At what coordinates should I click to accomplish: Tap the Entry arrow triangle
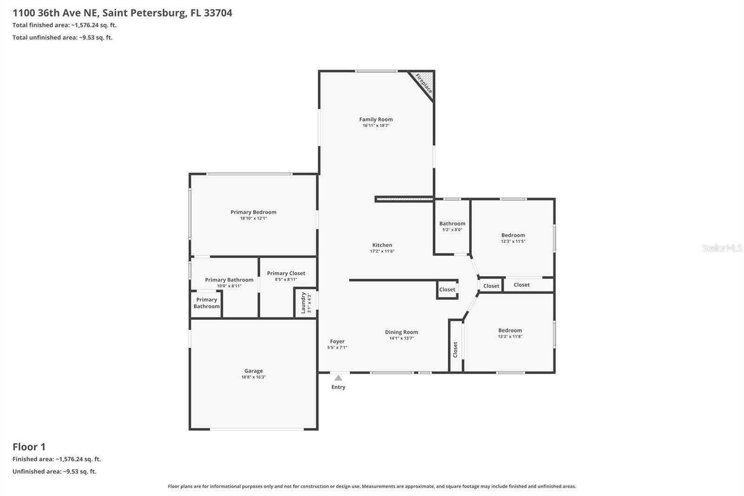[x=338, y=378]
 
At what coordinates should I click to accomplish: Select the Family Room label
[x=376, y=119]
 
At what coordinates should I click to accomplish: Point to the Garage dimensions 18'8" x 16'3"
[x=253, y=377]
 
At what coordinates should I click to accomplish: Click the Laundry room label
[x=303, y=303]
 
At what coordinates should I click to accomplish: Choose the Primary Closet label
[x=286, y=273]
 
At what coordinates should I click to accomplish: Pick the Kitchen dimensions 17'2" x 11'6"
[x=382, y=251]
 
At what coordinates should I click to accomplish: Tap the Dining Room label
[x=402, y=332]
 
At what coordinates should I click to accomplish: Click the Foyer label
[x=337, y=342]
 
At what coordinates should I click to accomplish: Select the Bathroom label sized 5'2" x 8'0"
[x=452, y=224]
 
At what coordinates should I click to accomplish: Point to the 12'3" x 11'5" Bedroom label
[x=513, y=235]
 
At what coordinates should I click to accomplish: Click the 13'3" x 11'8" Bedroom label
[x=510, y=330]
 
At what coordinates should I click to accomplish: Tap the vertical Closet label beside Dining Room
[x=455, y=350]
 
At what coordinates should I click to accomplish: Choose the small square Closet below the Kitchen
[x=447, y=289]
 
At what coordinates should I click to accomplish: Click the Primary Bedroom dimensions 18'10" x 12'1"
[x=253, y=218]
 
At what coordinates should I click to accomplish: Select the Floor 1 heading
[x=29, y=447]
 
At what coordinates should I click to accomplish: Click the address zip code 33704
[x=218, y=13]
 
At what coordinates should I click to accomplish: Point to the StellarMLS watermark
[x=722, y=248]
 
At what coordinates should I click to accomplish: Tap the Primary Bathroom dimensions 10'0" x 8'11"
[x=229, y=286]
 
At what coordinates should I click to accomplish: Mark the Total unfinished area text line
[x=62, y=38]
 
